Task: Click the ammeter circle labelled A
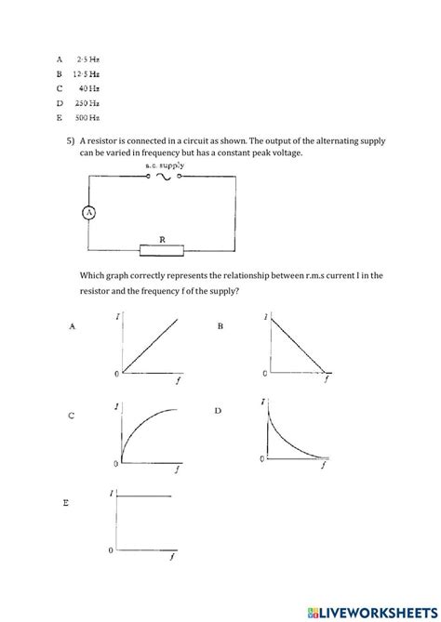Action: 89,213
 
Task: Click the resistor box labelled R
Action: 164,249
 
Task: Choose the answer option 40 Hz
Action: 89,87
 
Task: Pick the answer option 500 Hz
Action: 88,117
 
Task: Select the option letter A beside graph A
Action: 72,326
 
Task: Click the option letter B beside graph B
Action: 220,326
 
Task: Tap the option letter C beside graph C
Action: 72,415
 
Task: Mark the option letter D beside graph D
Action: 220,410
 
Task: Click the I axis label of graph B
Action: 268,318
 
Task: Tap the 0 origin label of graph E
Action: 111,550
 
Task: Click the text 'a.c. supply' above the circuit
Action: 166,165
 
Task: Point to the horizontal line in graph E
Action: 146,497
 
